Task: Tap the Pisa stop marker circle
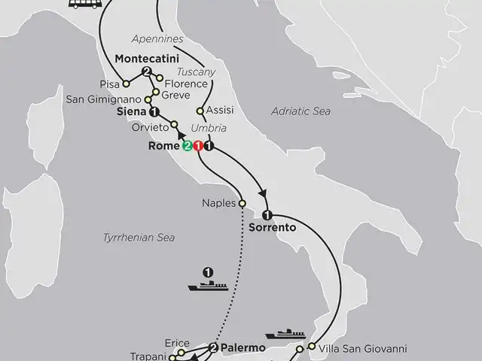127,83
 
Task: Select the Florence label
185,83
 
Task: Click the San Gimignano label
103,99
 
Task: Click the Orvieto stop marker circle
174,125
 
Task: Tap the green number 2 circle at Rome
186,146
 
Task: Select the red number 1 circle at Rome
197,146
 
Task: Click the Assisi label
219,110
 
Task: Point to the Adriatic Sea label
300,111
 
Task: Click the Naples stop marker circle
243,203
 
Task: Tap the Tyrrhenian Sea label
139,238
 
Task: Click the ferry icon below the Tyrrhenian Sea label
209,286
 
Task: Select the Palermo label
243,347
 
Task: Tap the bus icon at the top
84,4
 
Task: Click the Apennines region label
157,38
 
